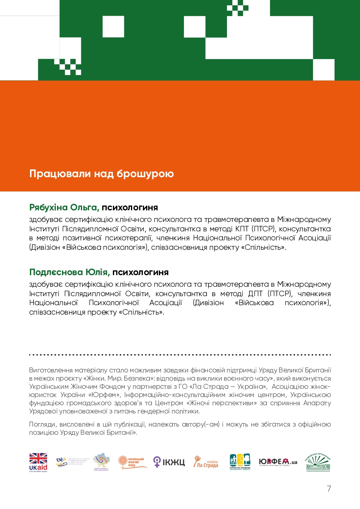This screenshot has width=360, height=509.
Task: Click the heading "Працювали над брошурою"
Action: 101,174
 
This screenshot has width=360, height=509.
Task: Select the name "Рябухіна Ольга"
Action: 64,208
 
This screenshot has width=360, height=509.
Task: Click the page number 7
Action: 328,488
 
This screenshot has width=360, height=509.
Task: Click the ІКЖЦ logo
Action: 169,462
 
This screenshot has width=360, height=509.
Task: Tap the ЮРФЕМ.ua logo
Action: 278,462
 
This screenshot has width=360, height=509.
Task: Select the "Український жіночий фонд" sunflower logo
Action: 133,462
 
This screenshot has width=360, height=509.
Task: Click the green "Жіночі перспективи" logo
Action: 318,462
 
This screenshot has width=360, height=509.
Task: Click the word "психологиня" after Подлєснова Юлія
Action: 140,272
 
